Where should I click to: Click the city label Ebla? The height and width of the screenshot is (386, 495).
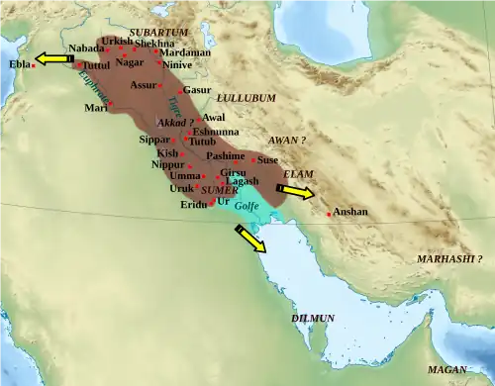point(19,64)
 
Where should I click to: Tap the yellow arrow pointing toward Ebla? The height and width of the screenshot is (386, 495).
point(53,60)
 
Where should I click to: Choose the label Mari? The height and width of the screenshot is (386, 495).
point(95,107)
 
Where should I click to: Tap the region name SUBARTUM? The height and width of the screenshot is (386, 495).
point(158,33)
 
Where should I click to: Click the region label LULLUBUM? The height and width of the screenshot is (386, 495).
point(247,99)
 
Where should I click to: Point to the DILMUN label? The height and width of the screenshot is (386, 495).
point(313,319)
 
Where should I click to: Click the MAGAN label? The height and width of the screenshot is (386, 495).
point(445,368)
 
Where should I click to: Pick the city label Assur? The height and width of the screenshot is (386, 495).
point(144,86)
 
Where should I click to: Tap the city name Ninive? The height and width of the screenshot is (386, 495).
point(176,64)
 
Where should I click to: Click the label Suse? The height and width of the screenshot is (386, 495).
point(267,159)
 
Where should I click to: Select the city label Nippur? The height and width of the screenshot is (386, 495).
point(167,165)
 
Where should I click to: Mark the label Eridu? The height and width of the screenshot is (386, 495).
point(194,205)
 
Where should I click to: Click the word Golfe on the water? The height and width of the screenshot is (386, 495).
point(247,206)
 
